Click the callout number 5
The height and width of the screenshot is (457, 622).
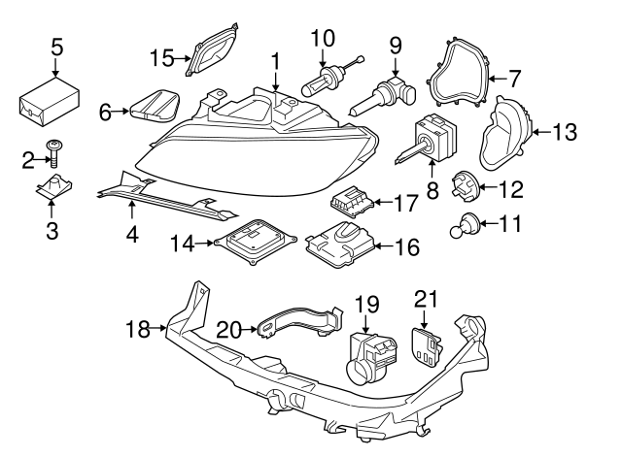point(56,46)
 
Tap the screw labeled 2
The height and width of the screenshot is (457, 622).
point(55,151)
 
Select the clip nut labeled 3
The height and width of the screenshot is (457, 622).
point(55,191)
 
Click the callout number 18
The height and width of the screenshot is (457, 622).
point(137,330)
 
